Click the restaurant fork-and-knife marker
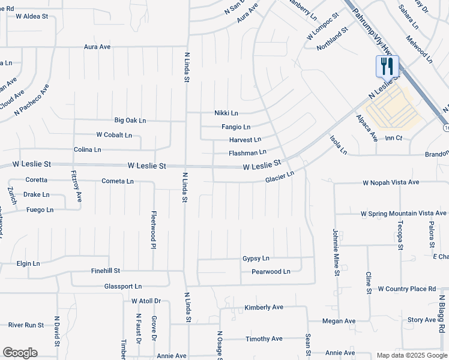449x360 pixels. click(x=387, y=65)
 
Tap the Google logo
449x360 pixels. click(x=20, y=353)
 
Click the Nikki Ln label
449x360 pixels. click(x=226, y=113)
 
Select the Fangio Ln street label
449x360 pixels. click(x=235, y=127)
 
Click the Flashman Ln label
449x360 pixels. click(x=247, y=152)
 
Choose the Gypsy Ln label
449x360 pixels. click(x=256, y=259)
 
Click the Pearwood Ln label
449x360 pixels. click(x=271, y=272)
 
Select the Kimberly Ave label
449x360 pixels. click(x=264, y=307)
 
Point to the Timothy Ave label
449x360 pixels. click(x=264, y=339)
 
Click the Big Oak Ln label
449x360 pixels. click(x=130, y=121)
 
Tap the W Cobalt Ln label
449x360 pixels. click(x=114, y=135)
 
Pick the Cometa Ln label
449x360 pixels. click(x=118, y=181)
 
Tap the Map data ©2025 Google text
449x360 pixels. click(x=411, y=355)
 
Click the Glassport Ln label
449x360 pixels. click(x=123, y=286)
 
